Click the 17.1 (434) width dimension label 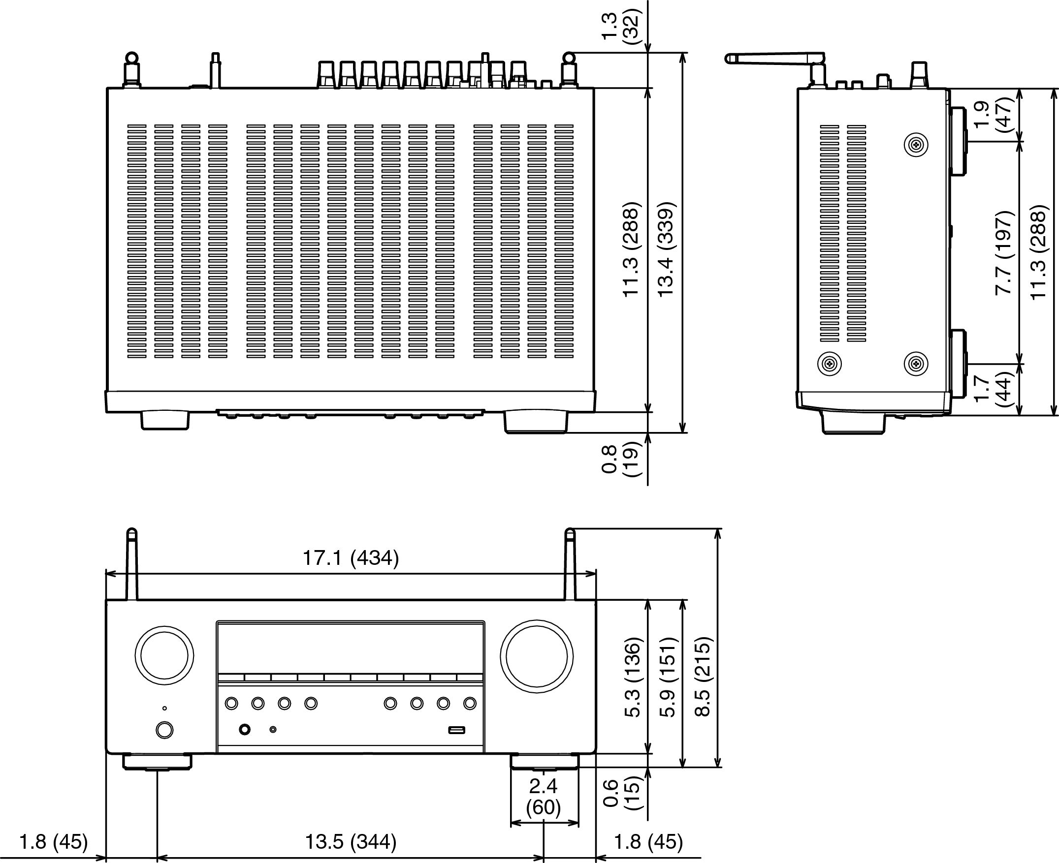(x=351, y=558)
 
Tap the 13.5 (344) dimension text (x=351, y=842)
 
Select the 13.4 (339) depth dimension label (x=665, y=249)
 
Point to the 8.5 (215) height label (x=704, y=677)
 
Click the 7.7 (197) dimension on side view (x=1004, y=252)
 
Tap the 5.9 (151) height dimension (x=669, y=677)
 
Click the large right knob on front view (x=537, y=656)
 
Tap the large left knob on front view (x=164, y=656)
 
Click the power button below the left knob (x=164, y=730)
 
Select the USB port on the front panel (x=456, y=730)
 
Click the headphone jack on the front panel (x=245, y=729)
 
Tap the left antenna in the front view (x=132, y=564)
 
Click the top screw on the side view (x=916, y=145)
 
